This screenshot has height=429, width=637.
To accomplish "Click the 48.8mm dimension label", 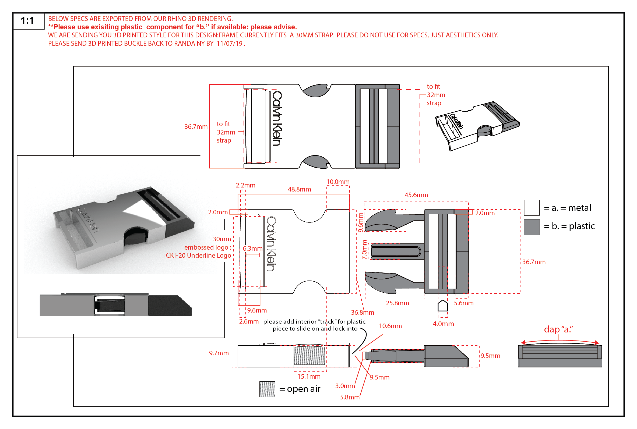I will pos(299,189).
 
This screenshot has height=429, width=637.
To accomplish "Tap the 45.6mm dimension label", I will pos(416,195).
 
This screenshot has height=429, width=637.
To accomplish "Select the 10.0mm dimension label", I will pos(338,182).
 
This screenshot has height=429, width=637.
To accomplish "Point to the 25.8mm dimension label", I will pos(397,303).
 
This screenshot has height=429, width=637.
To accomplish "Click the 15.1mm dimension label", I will pos(309,377).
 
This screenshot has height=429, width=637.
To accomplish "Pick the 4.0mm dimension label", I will pos(443,324).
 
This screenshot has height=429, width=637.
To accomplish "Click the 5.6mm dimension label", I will pos(463,303).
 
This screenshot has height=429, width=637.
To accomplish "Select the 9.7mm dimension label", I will pos(219,353).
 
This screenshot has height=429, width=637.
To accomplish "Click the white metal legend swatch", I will pos(531,208).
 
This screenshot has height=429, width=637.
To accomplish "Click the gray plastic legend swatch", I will pos(531,227).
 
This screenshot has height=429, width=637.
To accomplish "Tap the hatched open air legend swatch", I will pos(267,389).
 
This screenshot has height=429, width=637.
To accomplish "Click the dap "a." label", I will pos(558,329).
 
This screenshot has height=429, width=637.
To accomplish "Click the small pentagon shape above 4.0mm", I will pos(443,306).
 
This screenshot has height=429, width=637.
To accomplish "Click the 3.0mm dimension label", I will pos(345,386).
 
